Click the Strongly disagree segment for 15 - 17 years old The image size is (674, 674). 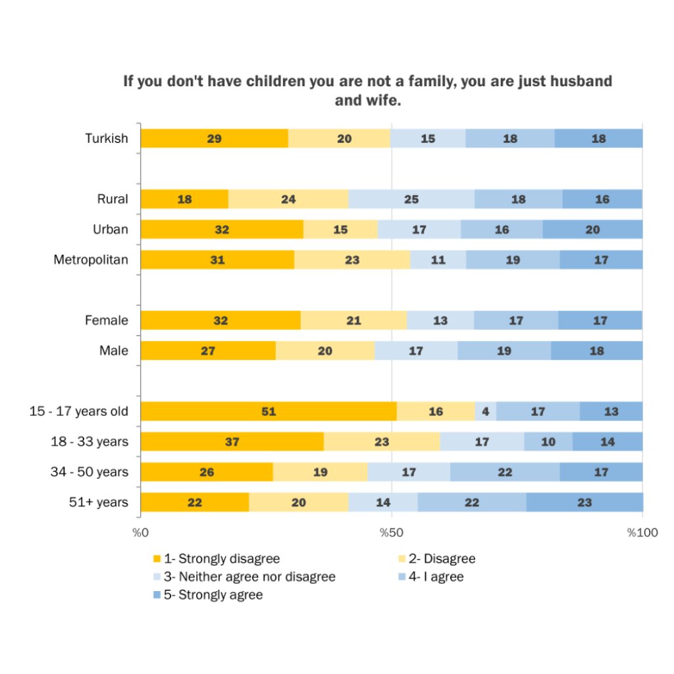pyautogui.click(x=269, y=411)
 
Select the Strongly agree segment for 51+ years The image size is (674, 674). pyautogui.click(x=584, y=502)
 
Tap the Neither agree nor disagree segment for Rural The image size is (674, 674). pyautogui.click(x=411, y=199)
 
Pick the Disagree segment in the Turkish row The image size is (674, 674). pyautogui.click(x=339, y=139)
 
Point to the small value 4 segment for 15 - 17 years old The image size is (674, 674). pyautogui.click(x=486, y=411)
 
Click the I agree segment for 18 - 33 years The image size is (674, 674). pyautogui.click(x=548, y=442)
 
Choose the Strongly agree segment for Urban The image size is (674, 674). pyautogui.click(x=592, y=230)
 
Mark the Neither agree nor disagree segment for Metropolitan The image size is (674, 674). pyautogui.click(x=438, y=260)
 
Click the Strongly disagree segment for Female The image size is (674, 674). pyautogui.click(x=220, y=321)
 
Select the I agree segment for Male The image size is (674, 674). pyautogui.click(x=504, y=351)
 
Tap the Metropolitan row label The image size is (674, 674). pyautogui.click(x=91, y=260)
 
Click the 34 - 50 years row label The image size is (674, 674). pyautogui.click(x=90, y=472)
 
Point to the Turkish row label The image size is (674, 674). pyautogui.click(x=107, y=138)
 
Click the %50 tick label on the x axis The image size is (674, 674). pyautogui.click(x=392, y=532)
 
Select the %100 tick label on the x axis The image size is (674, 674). pyautogui.click(x=642, y=532)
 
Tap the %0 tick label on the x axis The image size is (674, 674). pyautogui.click(x=140, y=532)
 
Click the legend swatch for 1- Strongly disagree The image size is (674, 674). pyautogui.click(x=157, y=559)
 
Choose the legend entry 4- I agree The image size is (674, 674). pyautogui.click(x=436, y=577)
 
